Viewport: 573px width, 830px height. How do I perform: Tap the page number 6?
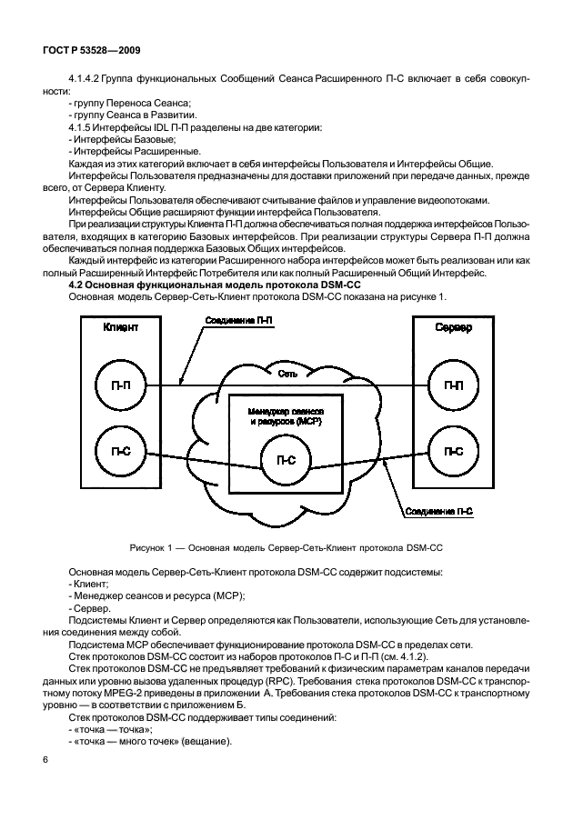[x=45, y=757]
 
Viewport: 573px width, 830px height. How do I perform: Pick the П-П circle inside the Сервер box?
[x=452, y=385]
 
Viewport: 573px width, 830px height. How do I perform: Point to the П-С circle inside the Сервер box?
[x=452, y=450]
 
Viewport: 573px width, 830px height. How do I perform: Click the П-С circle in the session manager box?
[x=286, y=460]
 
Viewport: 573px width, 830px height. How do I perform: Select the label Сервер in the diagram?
[x=452, y=328]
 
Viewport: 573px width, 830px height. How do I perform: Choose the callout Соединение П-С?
[x=440, y=513]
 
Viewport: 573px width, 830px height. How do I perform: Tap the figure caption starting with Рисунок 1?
[x=286, y=549]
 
